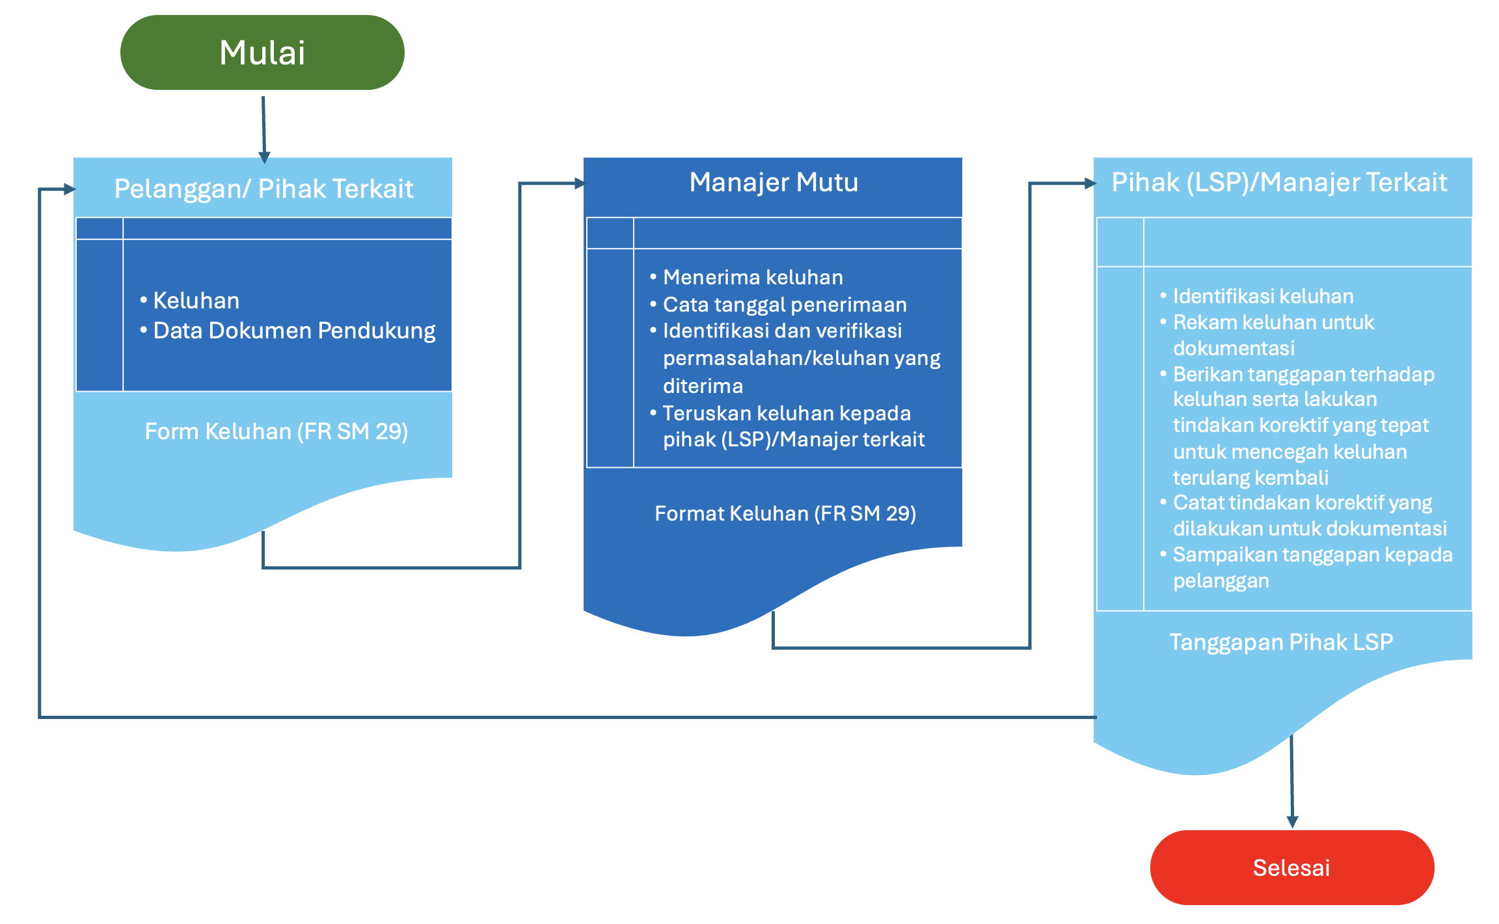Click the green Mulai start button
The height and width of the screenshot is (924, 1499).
click(x=262, y=53)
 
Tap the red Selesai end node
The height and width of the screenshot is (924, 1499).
click(x=1292, y=867)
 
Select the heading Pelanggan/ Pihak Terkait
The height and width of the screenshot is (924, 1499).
click(x=263, y=189)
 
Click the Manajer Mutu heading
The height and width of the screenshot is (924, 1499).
click(x=774, y=182)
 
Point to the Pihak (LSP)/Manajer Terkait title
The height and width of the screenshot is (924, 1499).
click(x=1279, y=183)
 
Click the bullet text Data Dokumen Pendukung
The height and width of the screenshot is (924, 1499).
click(x=294, y=331)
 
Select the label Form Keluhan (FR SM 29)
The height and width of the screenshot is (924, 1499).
click(x=277, y=431)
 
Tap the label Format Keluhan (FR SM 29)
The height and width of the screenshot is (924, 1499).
click(x=785, y=513)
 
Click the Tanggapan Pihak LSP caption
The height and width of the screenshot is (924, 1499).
click(x=1281, y=642)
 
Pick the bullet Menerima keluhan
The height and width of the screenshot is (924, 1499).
click(x=753, y=277)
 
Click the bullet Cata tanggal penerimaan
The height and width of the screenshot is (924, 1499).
click(x=785, y=305)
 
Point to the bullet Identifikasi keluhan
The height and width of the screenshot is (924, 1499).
click(x=1263, y=296)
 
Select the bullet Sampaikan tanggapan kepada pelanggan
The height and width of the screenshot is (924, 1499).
click(x=1312, y=567)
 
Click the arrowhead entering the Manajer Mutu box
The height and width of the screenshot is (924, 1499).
click(x=580, y=183)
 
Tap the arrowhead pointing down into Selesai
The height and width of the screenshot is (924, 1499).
click(x=1293, y=822)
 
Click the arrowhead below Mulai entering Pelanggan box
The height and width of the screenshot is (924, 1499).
click(x=264, y=157)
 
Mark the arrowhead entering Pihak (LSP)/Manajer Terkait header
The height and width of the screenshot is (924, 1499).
click(x=1090, y=183)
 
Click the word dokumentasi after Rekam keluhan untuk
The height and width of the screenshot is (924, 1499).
click(x=1234, y=348)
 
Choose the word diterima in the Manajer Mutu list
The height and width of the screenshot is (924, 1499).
click(x=703, y=386)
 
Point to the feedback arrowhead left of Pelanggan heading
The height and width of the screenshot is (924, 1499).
click(x=70, y=189)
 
